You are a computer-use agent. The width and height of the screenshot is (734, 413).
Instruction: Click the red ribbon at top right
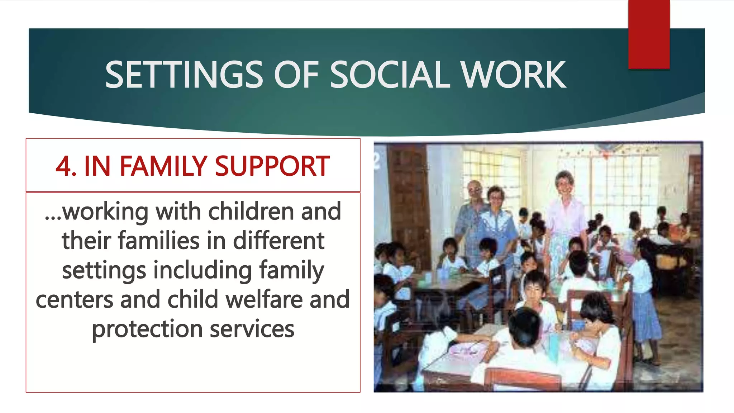point(649,34)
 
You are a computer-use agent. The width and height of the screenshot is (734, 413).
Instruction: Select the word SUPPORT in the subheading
point(272,166)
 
